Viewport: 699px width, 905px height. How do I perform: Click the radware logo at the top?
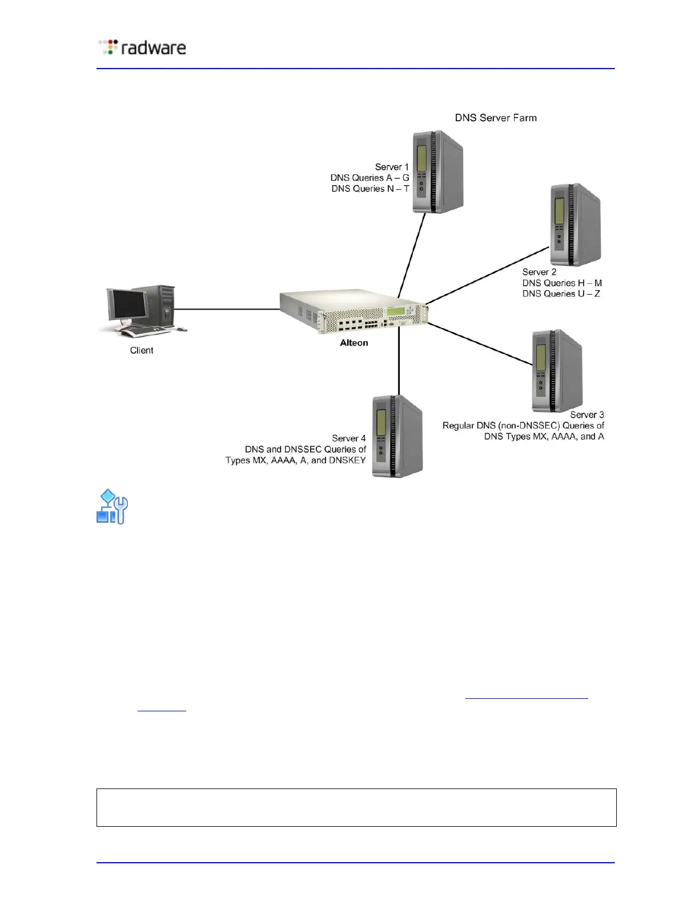(142, 47)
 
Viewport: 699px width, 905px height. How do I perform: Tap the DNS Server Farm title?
(495, 118)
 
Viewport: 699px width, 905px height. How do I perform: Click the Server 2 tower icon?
(575, 225)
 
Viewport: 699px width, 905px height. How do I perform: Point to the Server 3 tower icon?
(556, 371)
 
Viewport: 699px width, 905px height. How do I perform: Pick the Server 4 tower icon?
(397, 436)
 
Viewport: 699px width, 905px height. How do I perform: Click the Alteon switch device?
(353, 312)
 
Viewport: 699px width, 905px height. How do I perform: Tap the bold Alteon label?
(354, 343)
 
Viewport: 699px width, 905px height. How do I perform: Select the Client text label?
(142, 350)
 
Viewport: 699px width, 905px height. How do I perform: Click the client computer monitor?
(127, 305)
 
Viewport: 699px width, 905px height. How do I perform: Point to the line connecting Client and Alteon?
(227, 309)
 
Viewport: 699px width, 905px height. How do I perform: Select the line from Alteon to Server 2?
(487, 275)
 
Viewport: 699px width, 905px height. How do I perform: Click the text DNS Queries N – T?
(370, 189)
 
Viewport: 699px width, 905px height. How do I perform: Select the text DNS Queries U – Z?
(561, 294)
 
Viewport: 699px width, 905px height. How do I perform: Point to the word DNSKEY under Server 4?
(347, 460)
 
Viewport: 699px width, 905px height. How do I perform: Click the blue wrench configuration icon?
(112, 507)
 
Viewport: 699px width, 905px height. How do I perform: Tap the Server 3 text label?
(586, 415)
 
